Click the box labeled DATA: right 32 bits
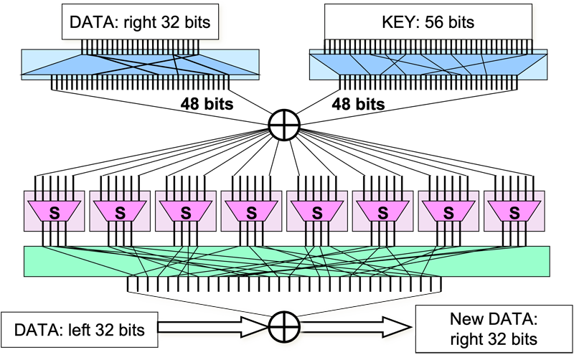pos(141,22)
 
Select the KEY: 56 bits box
pos(428,22)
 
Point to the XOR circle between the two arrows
pos(283,331)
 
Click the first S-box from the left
pos(54,212)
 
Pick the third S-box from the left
pos(185,212)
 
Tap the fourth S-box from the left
pos(251,212)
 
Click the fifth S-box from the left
pos(316,212)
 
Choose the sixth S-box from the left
pos(382,212)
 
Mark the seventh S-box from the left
pos(448,212)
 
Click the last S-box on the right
pos(514,212)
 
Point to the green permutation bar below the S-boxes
pos(287,261)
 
